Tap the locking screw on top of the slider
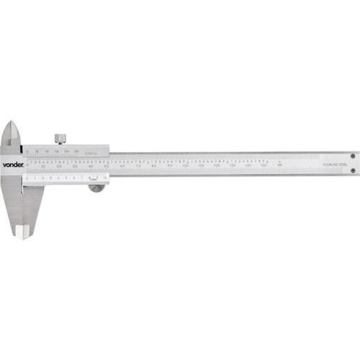(59, 138)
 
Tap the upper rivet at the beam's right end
(351, 156)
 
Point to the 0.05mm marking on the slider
(90, 152)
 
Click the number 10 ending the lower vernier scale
(104, 176)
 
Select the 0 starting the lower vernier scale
(27, 176)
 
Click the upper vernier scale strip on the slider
(65, 151)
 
